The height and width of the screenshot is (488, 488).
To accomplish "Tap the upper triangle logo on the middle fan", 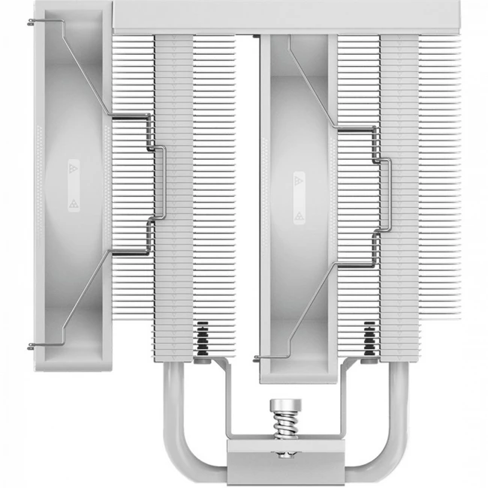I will (298, 181).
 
